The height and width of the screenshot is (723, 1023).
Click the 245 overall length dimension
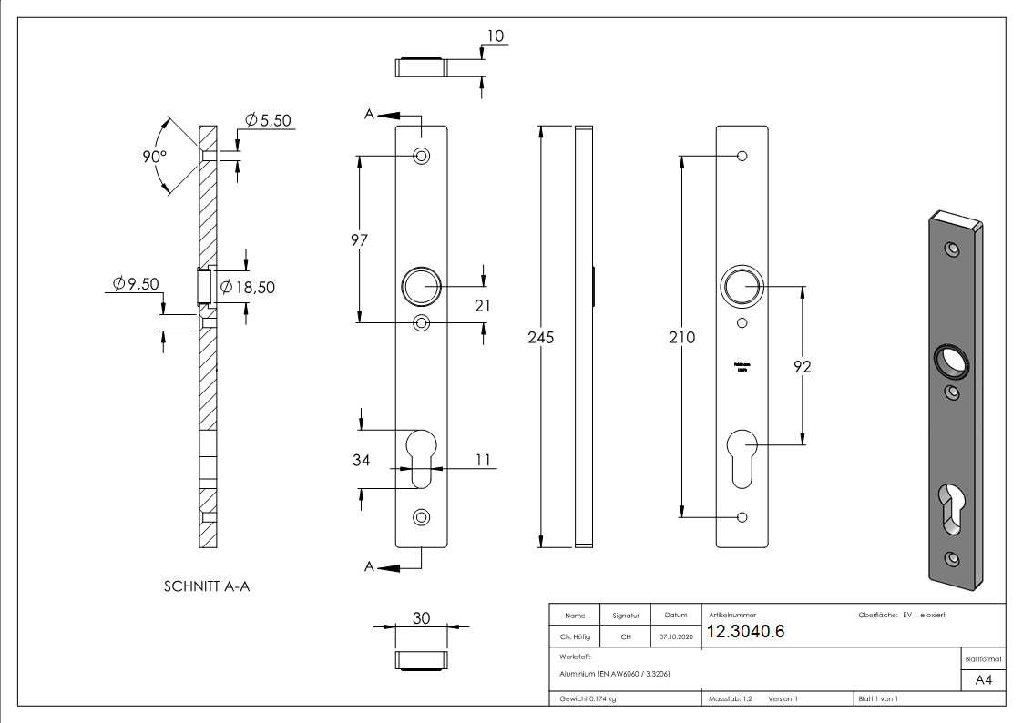pyautogui.click(x=541, y=337)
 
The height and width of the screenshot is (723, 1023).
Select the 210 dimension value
pyautogui.click(x=681, y=338)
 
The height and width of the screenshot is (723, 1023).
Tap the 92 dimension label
pyautogui.click(x=802, y=367)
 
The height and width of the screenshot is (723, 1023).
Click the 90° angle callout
pyautogui.click(x=155, y=156)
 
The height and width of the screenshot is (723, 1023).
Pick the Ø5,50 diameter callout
pyautogui.click(x=268, y=121)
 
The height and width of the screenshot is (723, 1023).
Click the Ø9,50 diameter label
pyautogui.click(x=136, y=284)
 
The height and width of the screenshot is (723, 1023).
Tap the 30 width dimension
pyautogui.click(x=421, y=617)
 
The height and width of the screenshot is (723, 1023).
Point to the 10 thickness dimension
pyautogui.click(x=496, y=36)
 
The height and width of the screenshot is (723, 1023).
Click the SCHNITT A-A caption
pyautogui.click(x=207, y=586)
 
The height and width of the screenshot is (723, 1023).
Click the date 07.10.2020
pyautogui.click(x=675, y=637)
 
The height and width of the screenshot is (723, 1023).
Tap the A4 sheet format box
pyautogui.click(x=983, y=680)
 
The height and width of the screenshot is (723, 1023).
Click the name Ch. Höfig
pyautogui.click(x=576, y=637)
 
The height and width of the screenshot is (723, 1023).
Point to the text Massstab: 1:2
pyautogui.click(x=730, y=698)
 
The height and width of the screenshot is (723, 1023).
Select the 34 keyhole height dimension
pyautogui.click(x=361, y=460)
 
